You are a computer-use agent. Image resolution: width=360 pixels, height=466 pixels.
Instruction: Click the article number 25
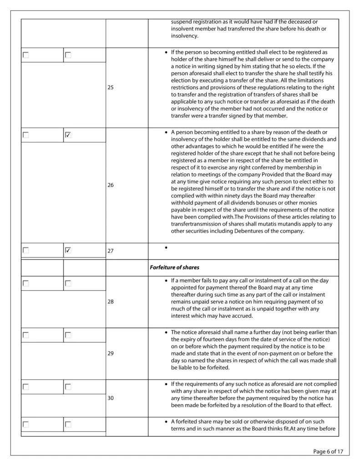tap(111, 87)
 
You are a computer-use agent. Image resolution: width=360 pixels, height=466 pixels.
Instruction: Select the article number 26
tap(111, 186)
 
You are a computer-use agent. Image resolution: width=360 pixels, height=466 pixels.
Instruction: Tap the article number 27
tap(111, 251)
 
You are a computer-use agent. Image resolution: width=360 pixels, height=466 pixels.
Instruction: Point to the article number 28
tap(111, 301)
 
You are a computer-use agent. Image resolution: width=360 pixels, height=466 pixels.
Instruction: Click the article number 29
tap(111, 353)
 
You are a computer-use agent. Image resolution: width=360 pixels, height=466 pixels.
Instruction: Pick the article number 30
tap(111, 398)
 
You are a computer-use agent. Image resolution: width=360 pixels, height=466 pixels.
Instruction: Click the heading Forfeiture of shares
tap(174, 268)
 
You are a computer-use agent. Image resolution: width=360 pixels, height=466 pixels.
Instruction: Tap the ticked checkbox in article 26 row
tap(68, 135)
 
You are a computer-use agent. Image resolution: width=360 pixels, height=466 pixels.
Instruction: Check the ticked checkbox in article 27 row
tap(68, 250)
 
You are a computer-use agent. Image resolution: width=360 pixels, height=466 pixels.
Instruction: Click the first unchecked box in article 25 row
tap(26, 55)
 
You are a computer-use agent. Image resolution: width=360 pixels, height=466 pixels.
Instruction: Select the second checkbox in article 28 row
tap(68, 284)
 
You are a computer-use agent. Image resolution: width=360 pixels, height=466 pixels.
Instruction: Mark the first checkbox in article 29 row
tap(26, 335)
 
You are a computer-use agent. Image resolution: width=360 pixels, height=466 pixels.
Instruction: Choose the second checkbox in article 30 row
tap(68, 387)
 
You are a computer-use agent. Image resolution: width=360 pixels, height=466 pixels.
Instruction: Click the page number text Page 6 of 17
tap(328, 451)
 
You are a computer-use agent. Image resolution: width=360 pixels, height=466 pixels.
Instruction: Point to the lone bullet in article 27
tap(167, 248)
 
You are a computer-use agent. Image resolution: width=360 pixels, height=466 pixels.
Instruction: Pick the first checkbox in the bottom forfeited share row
tap(26, 425)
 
